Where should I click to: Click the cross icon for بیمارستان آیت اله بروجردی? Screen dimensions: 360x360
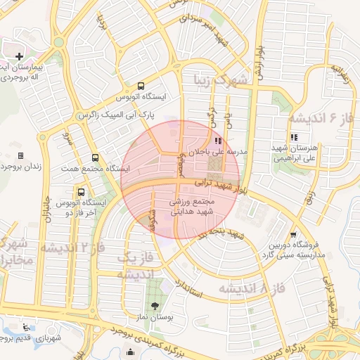point(19,56)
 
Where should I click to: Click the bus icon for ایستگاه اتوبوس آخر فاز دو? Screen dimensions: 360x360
point(81,191)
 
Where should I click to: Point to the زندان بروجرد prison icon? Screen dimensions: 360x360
point(20,155)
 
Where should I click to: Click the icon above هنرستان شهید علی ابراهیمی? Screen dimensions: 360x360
point(293,137)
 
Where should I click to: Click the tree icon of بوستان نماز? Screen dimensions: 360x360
point(155,305)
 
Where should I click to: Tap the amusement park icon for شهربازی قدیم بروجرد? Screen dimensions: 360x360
point(26,327)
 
